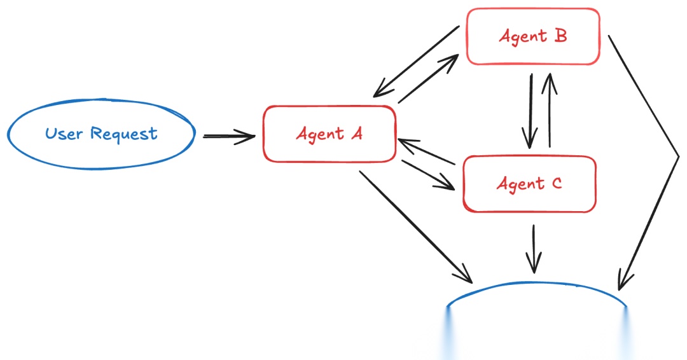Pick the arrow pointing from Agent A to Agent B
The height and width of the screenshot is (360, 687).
tap(427, 79)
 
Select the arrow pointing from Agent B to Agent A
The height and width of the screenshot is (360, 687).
tap(417, 62)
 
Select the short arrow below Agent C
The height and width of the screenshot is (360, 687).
tap(534, 248)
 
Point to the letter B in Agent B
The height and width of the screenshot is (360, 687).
tap(560, 36)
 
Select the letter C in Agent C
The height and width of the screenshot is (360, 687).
tap(555, 184)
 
